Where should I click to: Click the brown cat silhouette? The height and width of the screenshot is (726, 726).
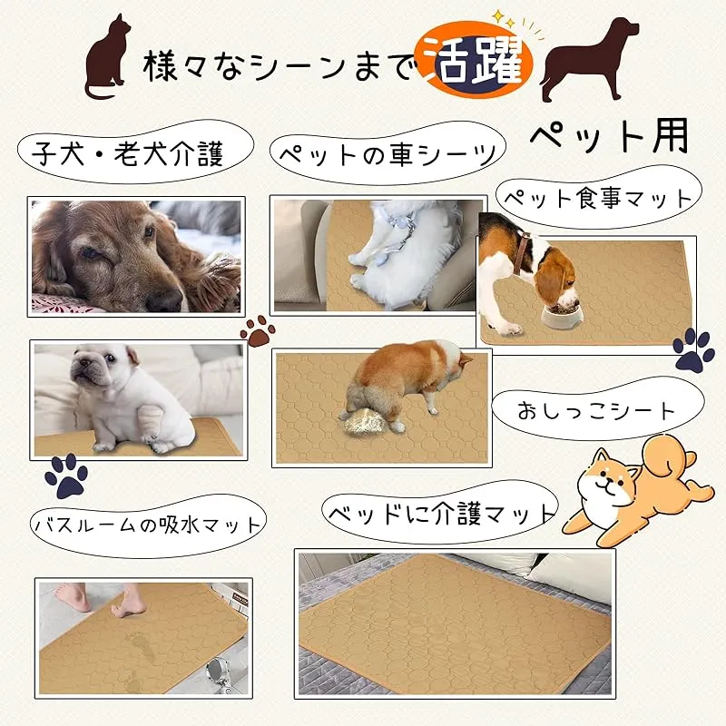(x=107, y=60)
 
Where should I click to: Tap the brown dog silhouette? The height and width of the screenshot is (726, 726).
(x=588, y=60)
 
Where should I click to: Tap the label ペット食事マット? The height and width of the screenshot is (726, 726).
(x=598, y=198)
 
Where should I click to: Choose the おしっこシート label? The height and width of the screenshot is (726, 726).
(x=597, y=410)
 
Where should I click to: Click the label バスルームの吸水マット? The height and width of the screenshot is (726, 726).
(x=148, y=525)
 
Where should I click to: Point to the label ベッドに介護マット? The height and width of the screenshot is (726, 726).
(x=440, y=513)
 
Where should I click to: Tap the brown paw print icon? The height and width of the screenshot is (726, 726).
(x=258, y=330)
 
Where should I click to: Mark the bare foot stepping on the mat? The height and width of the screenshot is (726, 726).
(x=128, y=602)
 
